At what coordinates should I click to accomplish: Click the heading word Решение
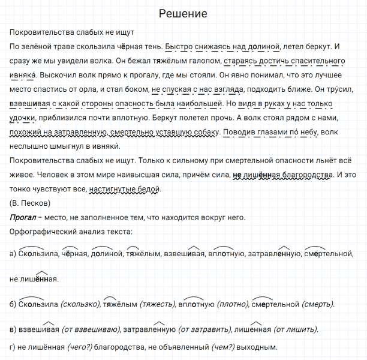click(183, 13)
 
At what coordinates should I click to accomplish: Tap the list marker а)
click(13, 254)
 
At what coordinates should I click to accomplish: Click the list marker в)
click(14, 329)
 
